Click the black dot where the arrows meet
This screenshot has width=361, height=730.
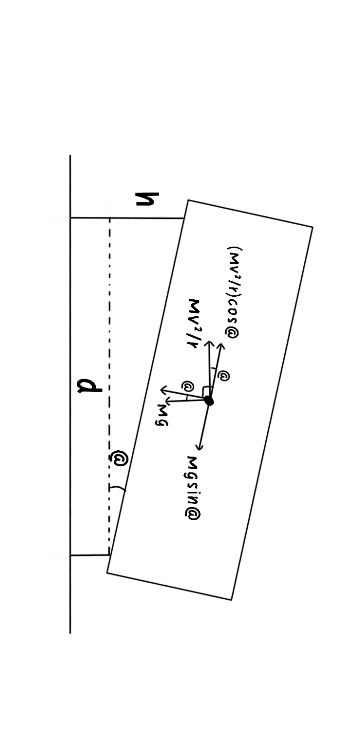[209, 401]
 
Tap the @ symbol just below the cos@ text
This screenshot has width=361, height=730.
[224, 376]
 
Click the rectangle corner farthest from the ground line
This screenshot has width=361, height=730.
[313, 227]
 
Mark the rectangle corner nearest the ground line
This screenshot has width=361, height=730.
[107, 572]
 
